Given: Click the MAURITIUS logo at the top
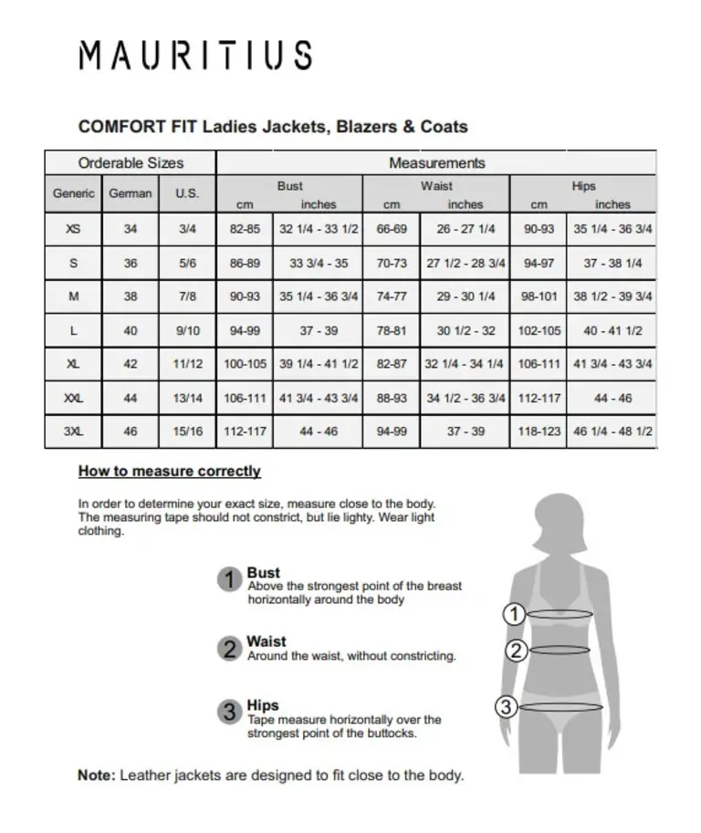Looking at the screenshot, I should click(195, 56).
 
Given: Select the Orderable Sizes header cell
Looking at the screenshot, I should click(131, 163).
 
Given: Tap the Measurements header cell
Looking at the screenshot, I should click(436, 163).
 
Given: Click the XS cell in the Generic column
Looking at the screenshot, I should click(73, 230).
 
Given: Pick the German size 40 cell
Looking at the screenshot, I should click(131, 331).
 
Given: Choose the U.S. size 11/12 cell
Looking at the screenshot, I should click(187, 364).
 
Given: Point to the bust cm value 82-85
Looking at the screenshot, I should click(245, 230).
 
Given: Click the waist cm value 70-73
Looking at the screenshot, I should click(392, 264).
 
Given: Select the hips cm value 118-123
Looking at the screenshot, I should click(539, 432).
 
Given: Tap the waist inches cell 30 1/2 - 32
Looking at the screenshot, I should click(465, 331).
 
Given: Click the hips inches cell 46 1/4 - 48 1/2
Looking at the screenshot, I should click(612, 432).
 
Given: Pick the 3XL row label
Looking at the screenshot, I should click(73, 432).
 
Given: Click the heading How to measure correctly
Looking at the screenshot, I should click(169, 472).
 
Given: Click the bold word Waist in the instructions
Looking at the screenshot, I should click(266, 641).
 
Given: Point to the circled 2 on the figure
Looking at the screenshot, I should click(516, 651).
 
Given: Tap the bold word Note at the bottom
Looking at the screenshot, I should click(96, 776).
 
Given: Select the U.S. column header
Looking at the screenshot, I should click(187, 193).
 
